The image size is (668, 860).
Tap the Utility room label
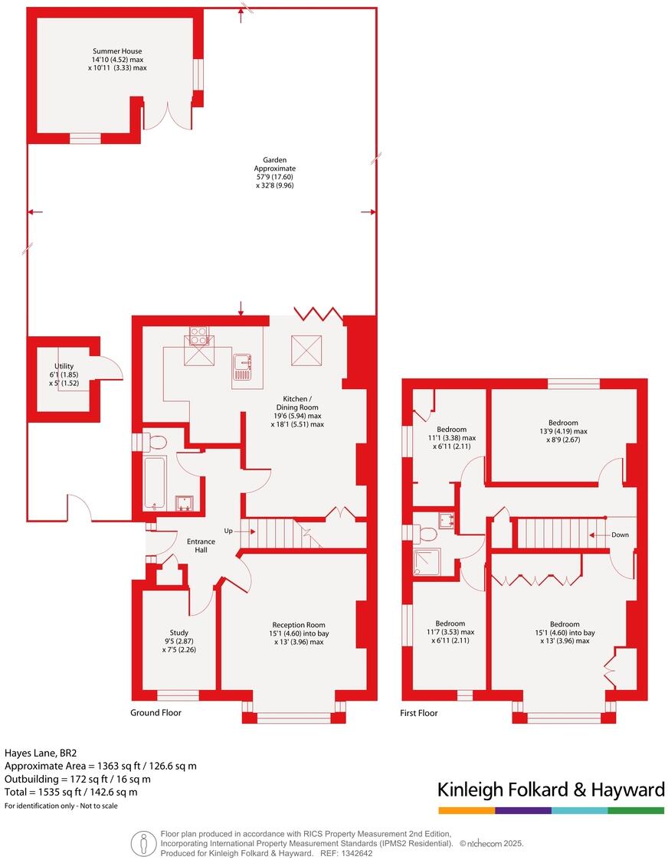click(x=64, y=366)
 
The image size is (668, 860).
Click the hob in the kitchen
click(x=198, y=335)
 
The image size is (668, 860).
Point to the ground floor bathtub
click(x=156, y=482)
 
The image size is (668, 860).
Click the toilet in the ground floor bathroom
click(x=156, y=443)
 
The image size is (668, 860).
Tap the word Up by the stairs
click(x=228, y=531)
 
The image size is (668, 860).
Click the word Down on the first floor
click(x=620, y=535)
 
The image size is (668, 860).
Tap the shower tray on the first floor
click(x=426, y=561)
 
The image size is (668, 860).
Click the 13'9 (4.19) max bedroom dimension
click(x=563, y=431)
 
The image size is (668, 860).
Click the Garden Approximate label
click(x=275, y=164)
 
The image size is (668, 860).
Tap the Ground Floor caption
click(x=156, y=712)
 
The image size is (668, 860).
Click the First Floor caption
click(x=419, y=713)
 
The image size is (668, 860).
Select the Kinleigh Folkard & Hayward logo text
click(x=550, y=790)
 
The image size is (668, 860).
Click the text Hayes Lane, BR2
click(x=37, y=753)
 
